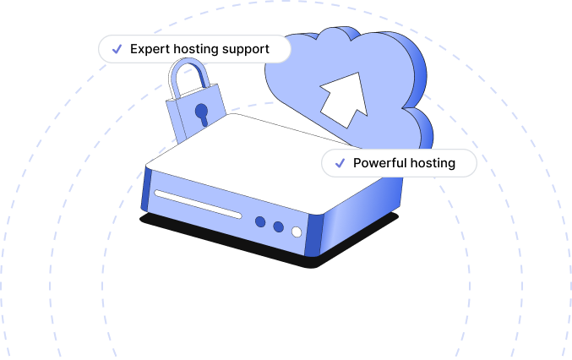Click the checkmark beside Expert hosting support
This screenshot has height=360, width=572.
[116, 49]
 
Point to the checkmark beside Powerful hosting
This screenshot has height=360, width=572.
[340, 163]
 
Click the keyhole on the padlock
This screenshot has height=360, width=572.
[201, 112]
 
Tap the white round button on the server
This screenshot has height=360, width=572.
[296, 232]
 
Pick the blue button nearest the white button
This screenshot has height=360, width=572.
[278, 226]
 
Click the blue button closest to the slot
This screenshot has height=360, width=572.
[260, 222]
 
